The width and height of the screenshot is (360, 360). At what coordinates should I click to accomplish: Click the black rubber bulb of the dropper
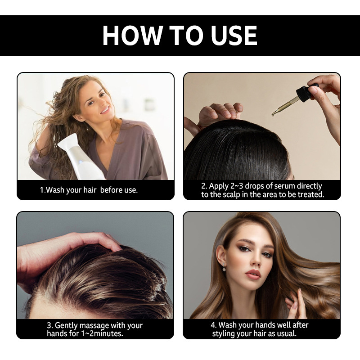click(x=306, y=91)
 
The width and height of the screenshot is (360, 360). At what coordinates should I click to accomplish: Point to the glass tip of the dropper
click(x=273, y=114)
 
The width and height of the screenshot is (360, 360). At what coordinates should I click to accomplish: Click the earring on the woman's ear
click(x=224, y=267)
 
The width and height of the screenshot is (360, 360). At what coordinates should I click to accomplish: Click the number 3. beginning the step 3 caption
click(x=50, y=325)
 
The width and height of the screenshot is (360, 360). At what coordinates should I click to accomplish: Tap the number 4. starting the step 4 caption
click(x=213, y=325)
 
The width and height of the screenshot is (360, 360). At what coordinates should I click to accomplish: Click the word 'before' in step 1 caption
click(x=110, y=190)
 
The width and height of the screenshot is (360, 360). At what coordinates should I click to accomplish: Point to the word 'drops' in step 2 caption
click(x=254, y=186)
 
